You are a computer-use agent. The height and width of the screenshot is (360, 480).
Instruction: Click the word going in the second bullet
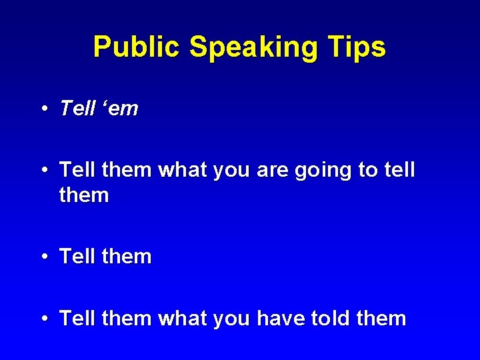[x=320, y=171]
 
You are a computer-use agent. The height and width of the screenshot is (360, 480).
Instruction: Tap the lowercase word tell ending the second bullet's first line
[x=399, y=170]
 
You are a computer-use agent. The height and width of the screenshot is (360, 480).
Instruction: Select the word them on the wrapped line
[x=84, y=195]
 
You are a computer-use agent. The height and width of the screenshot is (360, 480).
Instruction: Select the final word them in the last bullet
[x=381, y=319]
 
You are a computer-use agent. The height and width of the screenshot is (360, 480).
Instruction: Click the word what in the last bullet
[x=182, y=319]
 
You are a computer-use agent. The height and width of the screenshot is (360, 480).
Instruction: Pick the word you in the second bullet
[x=229, y=171]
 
